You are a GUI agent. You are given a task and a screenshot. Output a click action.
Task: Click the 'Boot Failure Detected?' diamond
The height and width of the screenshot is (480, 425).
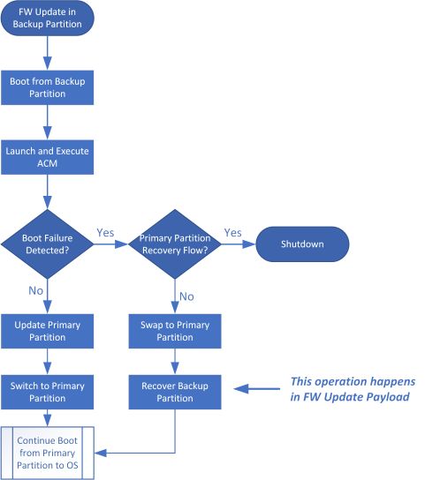(x=47, y=244)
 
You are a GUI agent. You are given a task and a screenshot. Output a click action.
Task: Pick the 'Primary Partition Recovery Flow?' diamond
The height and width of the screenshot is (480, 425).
(x=174, y=244)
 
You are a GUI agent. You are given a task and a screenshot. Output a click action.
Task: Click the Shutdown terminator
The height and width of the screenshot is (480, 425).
(x=302, y=244)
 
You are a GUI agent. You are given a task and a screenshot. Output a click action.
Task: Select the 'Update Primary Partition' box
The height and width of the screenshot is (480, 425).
(x=47, y=331)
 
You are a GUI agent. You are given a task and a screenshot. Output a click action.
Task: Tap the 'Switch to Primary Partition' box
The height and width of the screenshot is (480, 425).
(x=47, y=391)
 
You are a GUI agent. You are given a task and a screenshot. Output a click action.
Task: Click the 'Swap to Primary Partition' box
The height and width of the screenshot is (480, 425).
(x=174, y=331)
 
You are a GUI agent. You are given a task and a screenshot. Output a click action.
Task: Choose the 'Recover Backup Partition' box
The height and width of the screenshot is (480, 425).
(x=174, y=391)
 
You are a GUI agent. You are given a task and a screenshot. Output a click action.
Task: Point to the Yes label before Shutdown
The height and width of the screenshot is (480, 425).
(x=232, y=234)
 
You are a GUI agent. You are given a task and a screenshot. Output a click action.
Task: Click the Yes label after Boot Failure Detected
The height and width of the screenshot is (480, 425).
(x=105, y=234)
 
